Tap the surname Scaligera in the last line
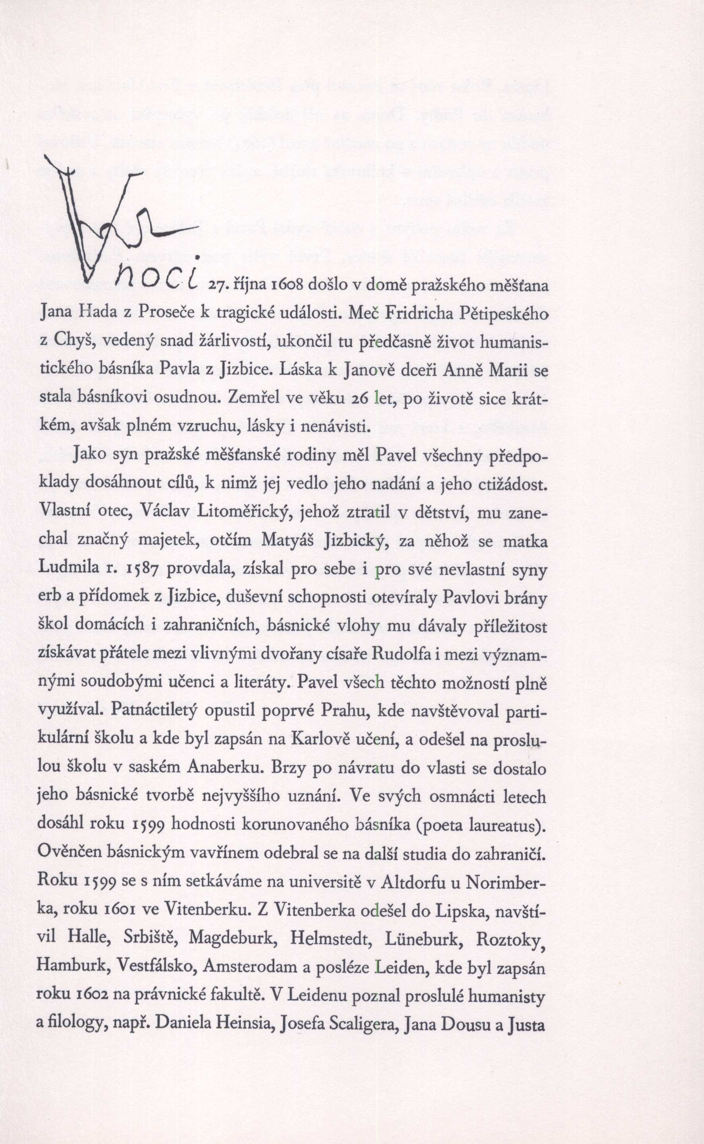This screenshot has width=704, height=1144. pos(356,1025)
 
